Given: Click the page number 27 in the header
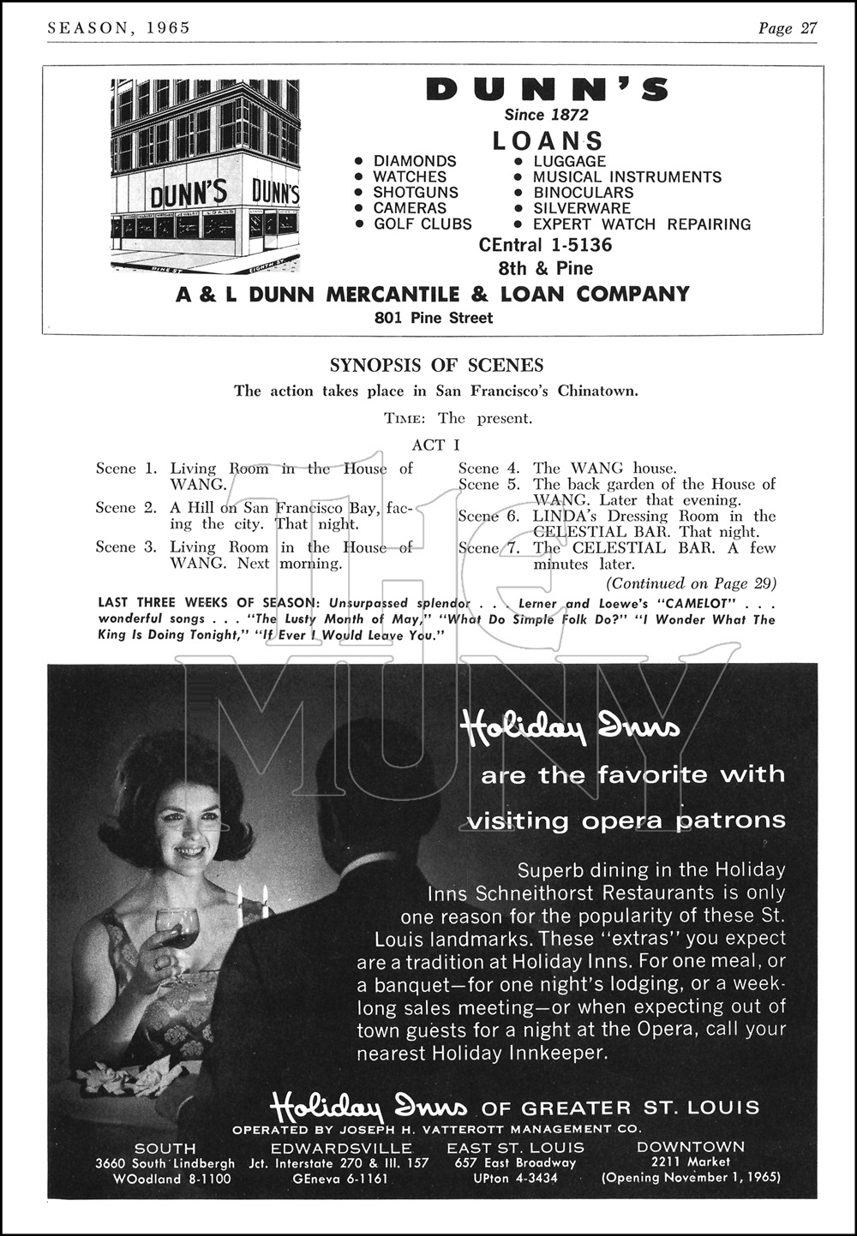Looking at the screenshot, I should click(808, 28).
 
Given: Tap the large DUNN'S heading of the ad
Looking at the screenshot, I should click(547, 89).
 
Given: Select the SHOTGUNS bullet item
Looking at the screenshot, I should click(416, 193).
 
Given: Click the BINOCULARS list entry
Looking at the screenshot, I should click(583, 193).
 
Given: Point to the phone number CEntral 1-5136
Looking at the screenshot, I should click(546, 245).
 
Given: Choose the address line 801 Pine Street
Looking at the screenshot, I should click(434, 318).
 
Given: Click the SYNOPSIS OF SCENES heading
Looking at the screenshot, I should click(436, 366).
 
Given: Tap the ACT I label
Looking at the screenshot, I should click(435, 445).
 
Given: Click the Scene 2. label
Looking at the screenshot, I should click(126, 508).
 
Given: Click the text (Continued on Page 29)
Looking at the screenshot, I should click(691, 583).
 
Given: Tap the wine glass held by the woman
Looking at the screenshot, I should click(177, 928).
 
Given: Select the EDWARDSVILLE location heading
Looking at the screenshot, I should click(341, 1148).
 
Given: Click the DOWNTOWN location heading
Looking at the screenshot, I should click(691, 1146).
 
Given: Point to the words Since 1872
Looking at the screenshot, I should click(546, 115).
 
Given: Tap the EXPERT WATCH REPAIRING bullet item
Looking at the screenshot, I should click(641, 224).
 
